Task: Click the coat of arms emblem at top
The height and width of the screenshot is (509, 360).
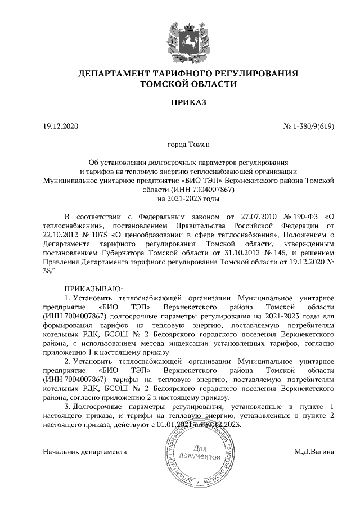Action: pos(181,35)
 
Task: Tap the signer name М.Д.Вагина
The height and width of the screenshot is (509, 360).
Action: pos(314,452)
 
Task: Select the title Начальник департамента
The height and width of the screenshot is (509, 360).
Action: pos(85,452)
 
